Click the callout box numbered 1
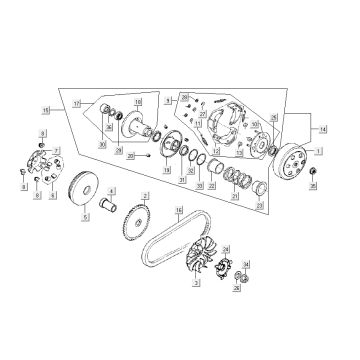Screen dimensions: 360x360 (319, 150)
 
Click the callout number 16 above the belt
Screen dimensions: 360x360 (179, 210)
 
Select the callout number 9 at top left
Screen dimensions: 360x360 (42, 133)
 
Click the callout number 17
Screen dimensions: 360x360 (74, 103)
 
